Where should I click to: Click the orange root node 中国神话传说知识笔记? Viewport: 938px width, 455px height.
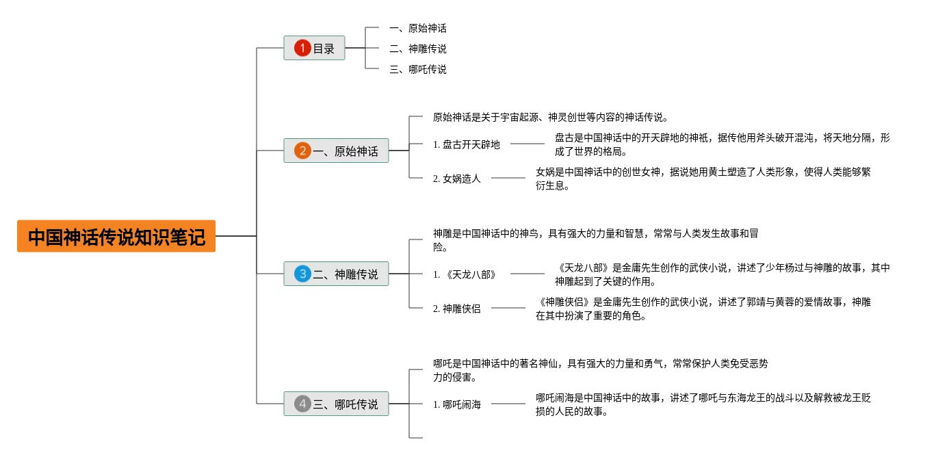pyautogui.click(x=116, y=236)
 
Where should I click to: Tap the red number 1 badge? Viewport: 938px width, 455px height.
pyautogui.click(x=302, y=48)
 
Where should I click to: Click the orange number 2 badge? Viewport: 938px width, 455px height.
pyautogui.click(x=302, y=151)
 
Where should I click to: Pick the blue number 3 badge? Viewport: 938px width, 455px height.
pyautogui.click(x=302, y=274)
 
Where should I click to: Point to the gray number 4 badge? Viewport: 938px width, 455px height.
pyautogui.click(x=302, y=404)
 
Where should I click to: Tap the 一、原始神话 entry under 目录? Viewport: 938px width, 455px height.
pyautogui.click(x=417, y=28)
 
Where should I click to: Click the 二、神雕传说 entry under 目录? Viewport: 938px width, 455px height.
pyautogui.click(x=417, y=49)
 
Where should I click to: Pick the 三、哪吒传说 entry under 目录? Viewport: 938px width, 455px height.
pyautogui.click(x=417, y=69)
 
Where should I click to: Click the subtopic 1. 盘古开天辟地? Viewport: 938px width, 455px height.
pyautogui.click(x=467, y=144)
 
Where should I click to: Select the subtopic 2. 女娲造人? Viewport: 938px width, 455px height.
pyautogui.click(x=457, y=179)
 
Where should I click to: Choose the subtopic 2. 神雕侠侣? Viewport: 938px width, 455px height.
pyautogui.click(x=457, y=309)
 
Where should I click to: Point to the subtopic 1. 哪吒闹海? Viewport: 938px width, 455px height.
pyautogui.click(x=457, y=404)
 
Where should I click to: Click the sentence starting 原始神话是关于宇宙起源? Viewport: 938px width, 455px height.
pyautogui.click(x=551, y=117)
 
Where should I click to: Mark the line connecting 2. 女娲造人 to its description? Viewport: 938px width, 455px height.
pyautogui.click(x=508, y=178)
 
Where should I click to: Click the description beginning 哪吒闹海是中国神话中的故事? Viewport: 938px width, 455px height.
pyautogui.click(x=703, y=404)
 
